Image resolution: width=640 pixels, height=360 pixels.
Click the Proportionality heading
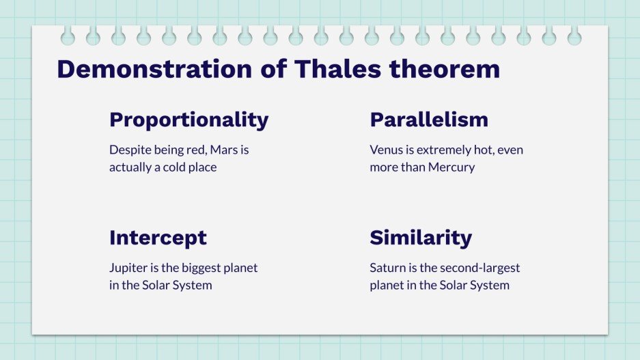[189, 120]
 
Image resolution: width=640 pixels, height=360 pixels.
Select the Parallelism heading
[429, 120]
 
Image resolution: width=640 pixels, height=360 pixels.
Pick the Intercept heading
[158, 238]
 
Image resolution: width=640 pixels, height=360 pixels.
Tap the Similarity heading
[421, 238]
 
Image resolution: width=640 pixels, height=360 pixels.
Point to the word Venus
[387, 150]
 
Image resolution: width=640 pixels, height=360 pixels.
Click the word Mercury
[451, 167]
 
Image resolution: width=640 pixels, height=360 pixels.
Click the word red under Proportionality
[190, 150]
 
